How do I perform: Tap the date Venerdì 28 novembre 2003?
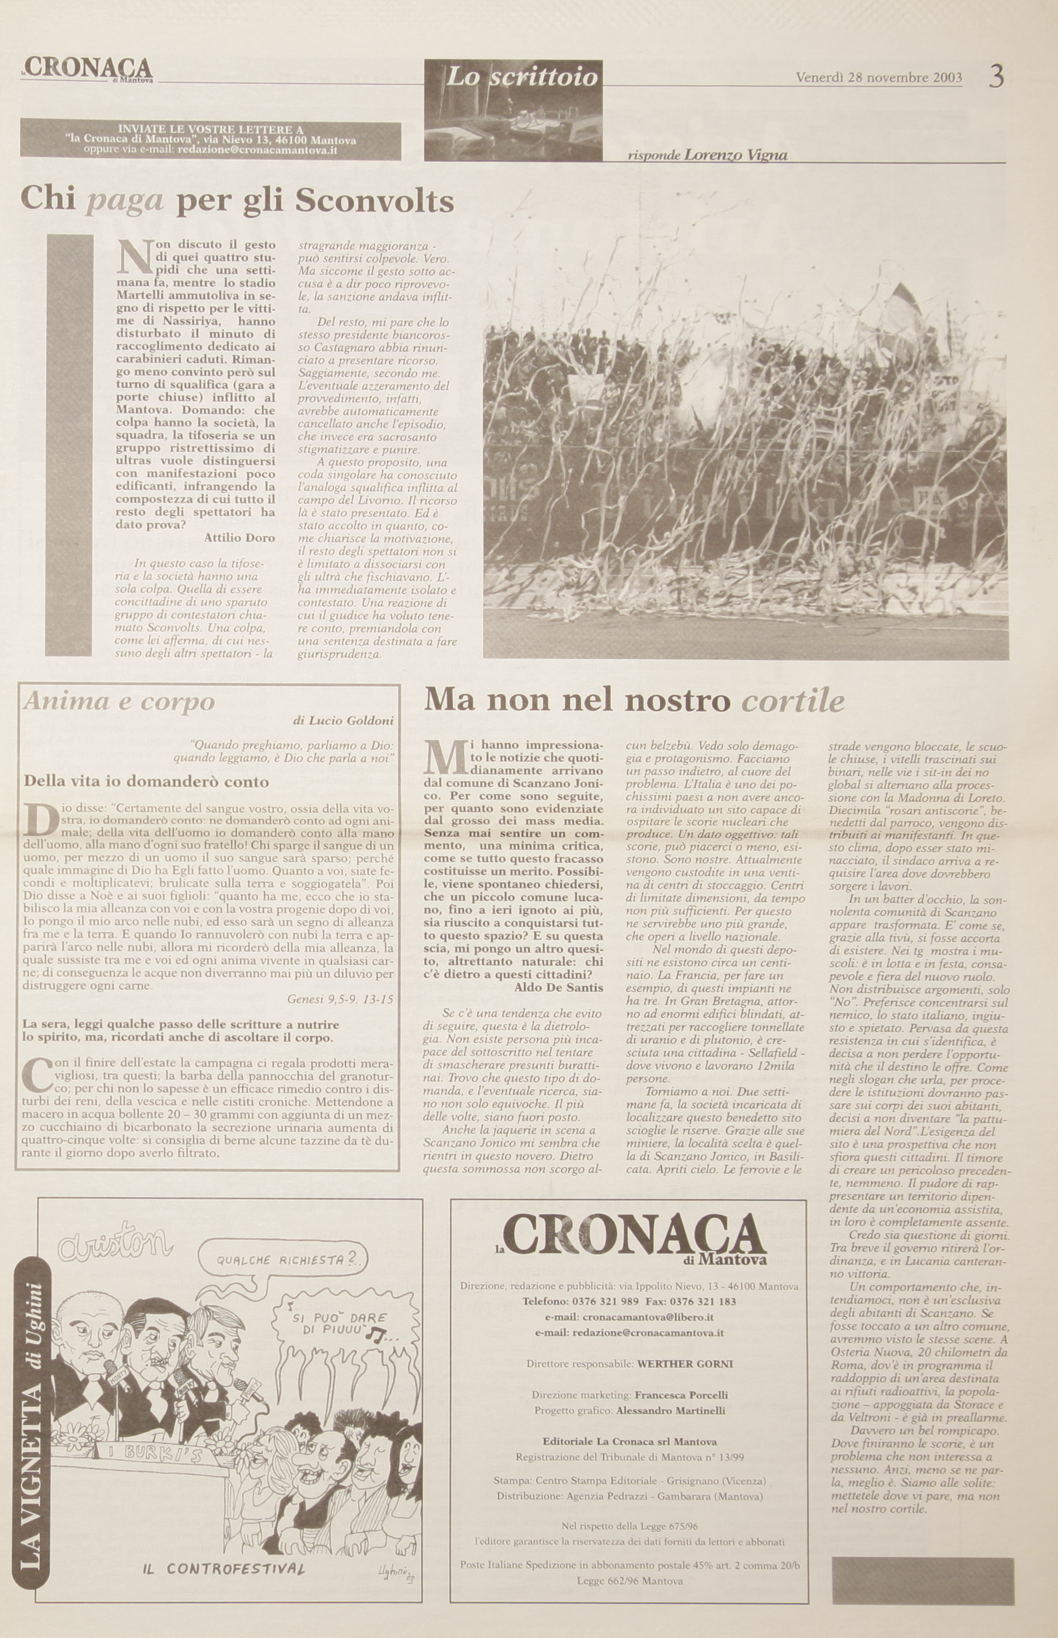(x=879, y=77)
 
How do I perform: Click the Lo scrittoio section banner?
(x=521, y=78)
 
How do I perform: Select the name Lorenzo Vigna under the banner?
(x=735, y=155)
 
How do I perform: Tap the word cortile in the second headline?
(x=793, y=701)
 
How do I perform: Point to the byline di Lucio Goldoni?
(x=343, y=721)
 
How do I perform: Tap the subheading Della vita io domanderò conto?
(x=147, y=781)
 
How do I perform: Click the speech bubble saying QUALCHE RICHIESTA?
(x=281, y=1260)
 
